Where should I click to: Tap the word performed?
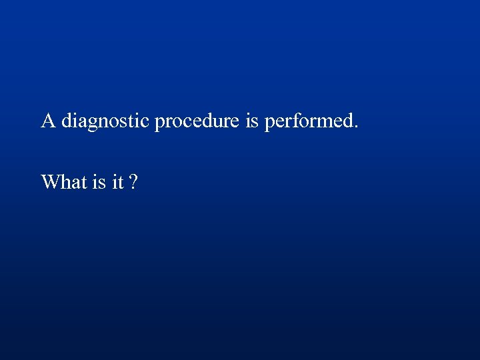pyautogui.click(x=310, y=122)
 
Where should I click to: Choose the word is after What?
pyautogui.click(x=99, y=181)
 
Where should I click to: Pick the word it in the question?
pyautogui.click(x=117, y=181)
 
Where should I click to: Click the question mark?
pyautogui.click(x=134, y=181)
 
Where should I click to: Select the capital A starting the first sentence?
pyautogui.click(x=48, y=121)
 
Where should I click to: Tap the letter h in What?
pyautogui.click(x=64, y=181)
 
